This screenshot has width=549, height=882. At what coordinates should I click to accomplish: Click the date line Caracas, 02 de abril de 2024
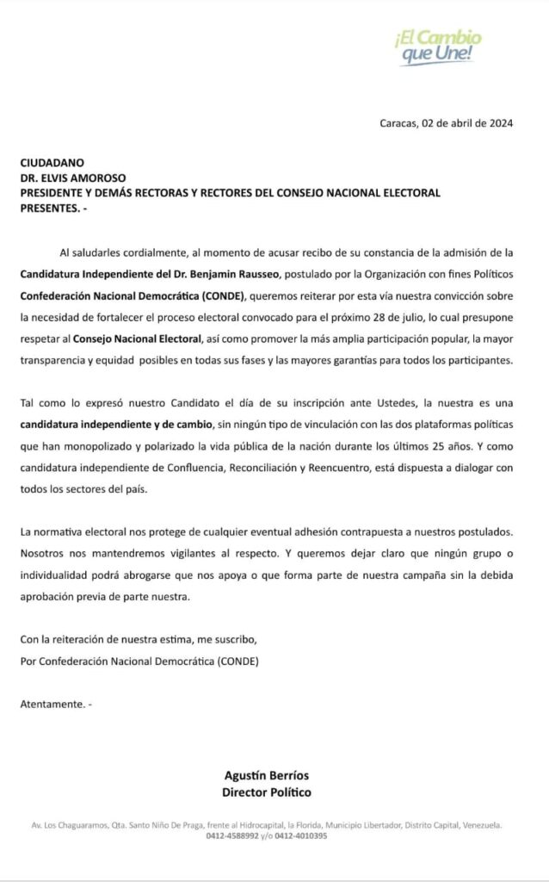point(447,122)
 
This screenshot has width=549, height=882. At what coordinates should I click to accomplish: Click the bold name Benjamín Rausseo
point(195,275)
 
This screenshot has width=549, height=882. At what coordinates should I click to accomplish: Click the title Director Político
point(267,792)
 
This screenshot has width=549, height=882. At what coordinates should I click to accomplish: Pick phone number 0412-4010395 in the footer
point(301,835)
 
